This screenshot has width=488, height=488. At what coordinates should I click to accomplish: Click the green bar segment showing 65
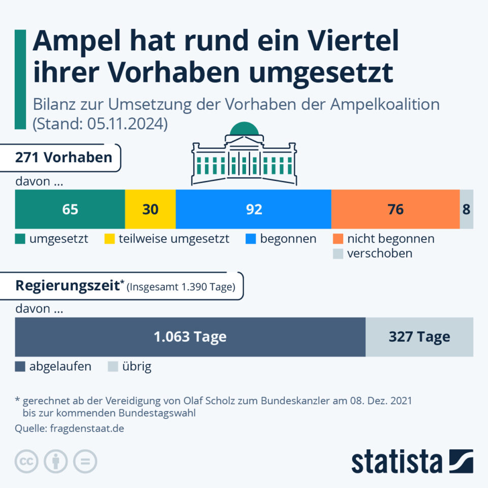[x=70, y=209]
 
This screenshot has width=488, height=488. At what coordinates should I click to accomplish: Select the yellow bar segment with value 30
[x=150, y=209]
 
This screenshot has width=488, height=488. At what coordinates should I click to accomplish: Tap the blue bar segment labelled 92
[x=253, y=209]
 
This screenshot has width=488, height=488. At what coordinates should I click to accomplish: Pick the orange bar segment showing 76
[x=395, y=209]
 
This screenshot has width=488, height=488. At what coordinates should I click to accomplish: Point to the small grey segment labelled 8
[x=466, y=209]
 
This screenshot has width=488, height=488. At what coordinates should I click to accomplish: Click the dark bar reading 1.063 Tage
[x=190, y=337]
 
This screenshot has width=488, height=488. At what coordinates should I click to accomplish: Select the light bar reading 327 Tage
[x=419, y=337]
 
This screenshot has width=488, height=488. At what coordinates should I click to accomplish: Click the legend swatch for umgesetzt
[x=20, y=239]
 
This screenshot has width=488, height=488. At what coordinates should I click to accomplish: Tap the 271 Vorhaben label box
[x=64, y=158]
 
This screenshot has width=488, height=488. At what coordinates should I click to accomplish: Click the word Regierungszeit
[x=67, y=285]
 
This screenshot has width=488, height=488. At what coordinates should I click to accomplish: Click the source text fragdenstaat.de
[x=87, y=429]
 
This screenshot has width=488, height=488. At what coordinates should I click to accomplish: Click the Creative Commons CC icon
[x=27, y=462]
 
